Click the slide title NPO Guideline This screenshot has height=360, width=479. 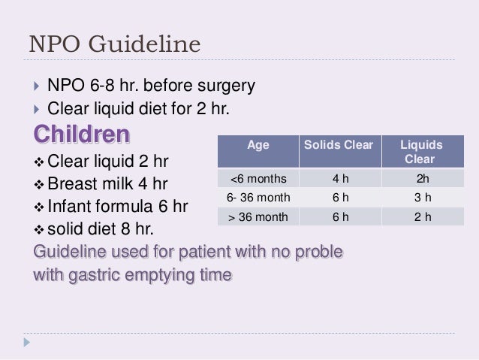pyautogui.click(x=114, y=44)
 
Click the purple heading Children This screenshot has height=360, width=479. pyautogui.click(x=82, y=136)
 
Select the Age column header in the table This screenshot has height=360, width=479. pyautogui.click(x=258, y=144)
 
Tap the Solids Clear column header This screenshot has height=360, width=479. pyautogui.click(x=337, y=144)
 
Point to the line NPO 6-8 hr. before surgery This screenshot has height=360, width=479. pyautogui.click(x=151, y=85)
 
